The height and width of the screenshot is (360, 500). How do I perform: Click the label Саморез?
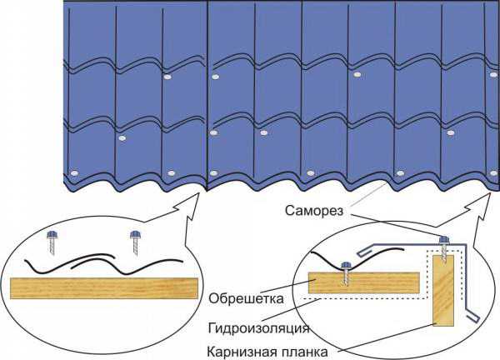pyautogui.click(x=314, y=211)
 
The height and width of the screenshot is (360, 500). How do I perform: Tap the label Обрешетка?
pyautogui.click(x=246, y=299)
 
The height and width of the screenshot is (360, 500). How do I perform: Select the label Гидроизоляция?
pyautogui.click(x=258, y=328)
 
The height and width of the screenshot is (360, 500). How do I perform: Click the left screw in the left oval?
pyautogui.click(x=52, y=242)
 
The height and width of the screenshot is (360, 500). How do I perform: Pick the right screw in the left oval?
pyautogui.click(x=136, y=242)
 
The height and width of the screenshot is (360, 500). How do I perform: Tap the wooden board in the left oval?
pyautogui.click(x=104, y=288)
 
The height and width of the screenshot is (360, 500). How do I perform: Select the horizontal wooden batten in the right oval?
pyautogui.click(x=364, y=282)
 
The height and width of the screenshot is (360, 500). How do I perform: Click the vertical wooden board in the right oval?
pyautogui.click(x=443, y=290)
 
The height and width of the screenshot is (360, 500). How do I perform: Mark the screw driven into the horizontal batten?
pyautogui.click(x=346, y=272)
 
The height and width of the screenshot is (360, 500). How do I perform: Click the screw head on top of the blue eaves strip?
pyautogui.click(x=444, y=239)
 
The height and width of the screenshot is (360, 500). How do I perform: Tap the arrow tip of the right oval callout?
pyautogui.click(x=490, y=193)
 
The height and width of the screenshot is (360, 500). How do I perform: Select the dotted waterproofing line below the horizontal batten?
pyautogui.click(x=366, y=298)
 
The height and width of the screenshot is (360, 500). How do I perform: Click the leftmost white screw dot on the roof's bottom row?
pyautogui.click(x=74, y=173)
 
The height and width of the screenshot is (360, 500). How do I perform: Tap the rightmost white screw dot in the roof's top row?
pyautogui.click(x=493, y=75)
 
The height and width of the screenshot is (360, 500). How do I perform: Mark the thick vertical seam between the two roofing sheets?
pyautogui.click(x=207, y=96)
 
